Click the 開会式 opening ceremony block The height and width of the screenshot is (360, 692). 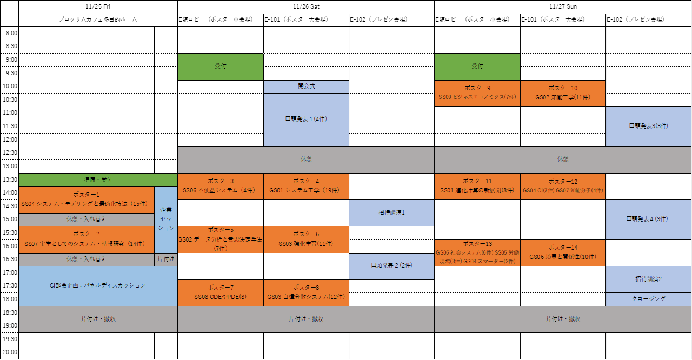pyautogui.click(x=306, y=86)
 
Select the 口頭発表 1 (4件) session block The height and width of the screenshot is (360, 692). pyautogui.click(x=306, y=119)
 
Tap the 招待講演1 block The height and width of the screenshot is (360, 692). pyautogui.click(x=391, y=212)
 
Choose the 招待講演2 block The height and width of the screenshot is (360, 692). pyautogui.click(x=648, y=279)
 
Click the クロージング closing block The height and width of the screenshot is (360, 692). pyautogui.click(x=648, y=299)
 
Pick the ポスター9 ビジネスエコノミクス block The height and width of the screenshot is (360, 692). pyautogui.click(x=477, y=94)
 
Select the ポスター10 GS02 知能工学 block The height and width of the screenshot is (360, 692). pyautogui.click(x=563, y=94)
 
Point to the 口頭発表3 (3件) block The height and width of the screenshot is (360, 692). pyautogui.click(x=648, y=126)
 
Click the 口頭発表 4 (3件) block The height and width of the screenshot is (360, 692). pyautogui.click(x=648, y=219)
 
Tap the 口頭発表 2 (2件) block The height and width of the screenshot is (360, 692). pyautogui.click(x=391, y=266)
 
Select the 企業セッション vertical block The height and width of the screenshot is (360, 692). pyautogui.click(x=165, y=219)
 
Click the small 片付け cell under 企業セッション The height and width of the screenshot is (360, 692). pyautogui.click(x=165, y=259)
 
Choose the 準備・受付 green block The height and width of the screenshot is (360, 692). pyautogui.click(x=98, y=180)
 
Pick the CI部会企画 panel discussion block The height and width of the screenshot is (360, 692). pyautogui.click(x=98, y=286)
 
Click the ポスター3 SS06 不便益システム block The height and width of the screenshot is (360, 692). pyautogui.click(x=221, y=186)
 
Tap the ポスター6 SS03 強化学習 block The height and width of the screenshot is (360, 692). pyautogui.click(x=306, y=239)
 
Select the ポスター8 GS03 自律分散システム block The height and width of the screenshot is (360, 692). pyautogui.click(x=306, y=292)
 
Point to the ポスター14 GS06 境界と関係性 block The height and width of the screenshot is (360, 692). pyautogui.click(x=563, y=252)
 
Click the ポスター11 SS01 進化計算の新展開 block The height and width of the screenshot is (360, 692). pyautogui.click(x=477, y=186)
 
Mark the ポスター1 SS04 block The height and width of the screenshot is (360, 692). pyautogui.click(x=86, y=199)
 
